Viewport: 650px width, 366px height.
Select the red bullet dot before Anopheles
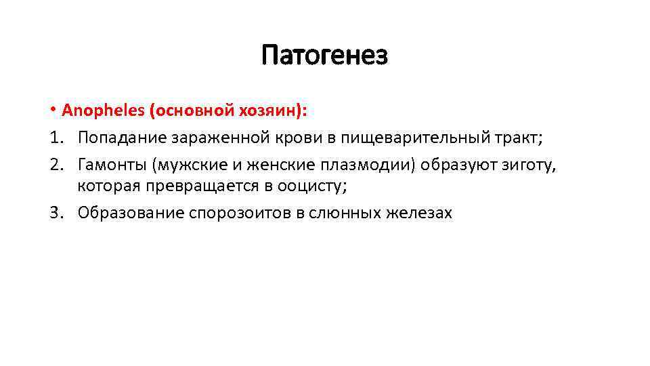pyautogui.click(x=52, y=110)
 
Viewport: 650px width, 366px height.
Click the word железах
pyautogui.click(x=419, y=213)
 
